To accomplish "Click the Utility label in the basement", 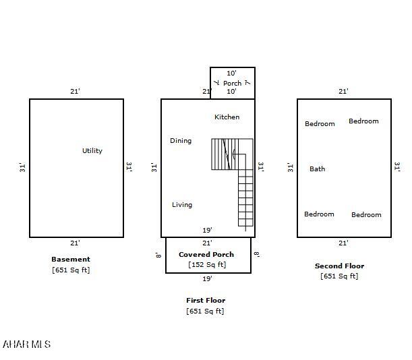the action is point(92,151).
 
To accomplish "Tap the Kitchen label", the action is point(227,117).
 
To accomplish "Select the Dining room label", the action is point(181,141).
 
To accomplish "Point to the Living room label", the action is point(182,205).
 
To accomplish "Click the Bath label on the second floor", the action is point(318,169).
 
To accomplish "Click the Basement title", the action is point(71,260).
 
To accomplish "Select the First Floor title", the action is point(206,301).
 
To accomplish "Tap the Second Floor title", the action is point(339,266).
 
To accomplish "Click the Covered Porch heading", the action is point(206,254).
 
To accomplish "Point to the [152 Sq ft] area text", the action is point(207,265).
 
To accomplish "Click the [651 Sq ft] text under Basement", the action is point(71,270).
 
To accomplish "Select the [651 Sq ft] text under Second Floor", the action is point(339,276).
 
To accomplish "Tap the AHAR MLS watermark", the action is point(26,344).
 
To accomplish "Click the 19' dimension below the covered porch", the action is point(207,278).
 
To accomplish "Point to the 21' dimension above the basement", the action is point(75,91).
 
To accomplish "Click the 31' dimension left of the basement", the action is point(23,167).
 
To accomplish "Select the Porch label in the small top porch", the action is point(232,84).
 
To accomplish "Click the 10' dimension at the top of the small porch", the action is point(232,73).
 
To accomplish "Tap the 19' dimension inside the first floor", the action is point(207,230).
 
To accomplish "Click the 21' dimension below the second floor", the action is point(343,243).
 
